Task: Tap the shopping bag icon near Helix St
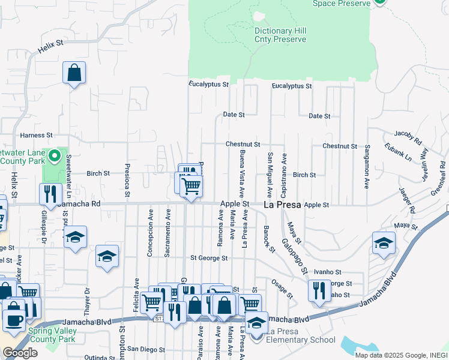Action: coord(74,73)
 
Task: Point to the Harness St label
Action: coord(37,136)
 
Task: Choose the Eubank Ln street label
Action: coord(400,154)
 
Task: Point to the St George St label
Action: coord(209,258)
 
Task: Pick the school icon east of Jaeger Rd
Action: coord(384,243)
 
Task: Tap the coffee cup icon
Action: coord(14,318)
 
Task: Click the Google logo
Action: coord(19,353)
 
